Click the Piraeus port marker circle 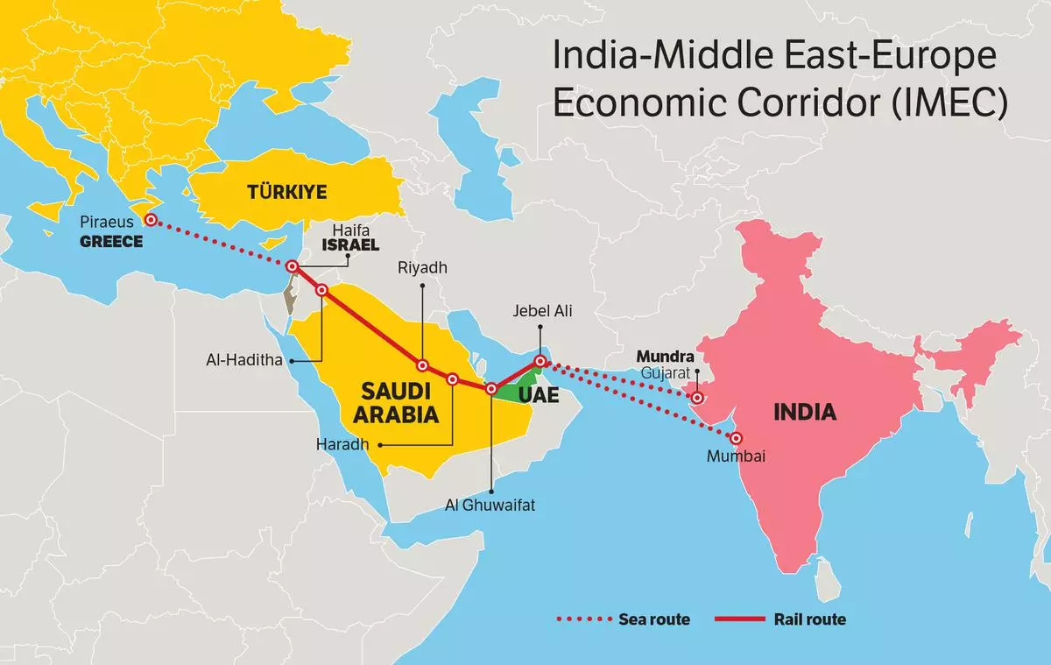151,220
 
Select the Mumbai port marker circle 737,438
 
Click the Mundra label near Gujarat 665,357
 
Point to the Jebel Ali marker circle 540,361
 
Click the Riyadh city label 422,268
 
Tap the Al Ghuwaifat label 492,505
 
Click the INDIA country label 805,413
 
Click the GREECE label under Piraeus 111,242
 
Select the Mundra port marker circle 697,398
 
